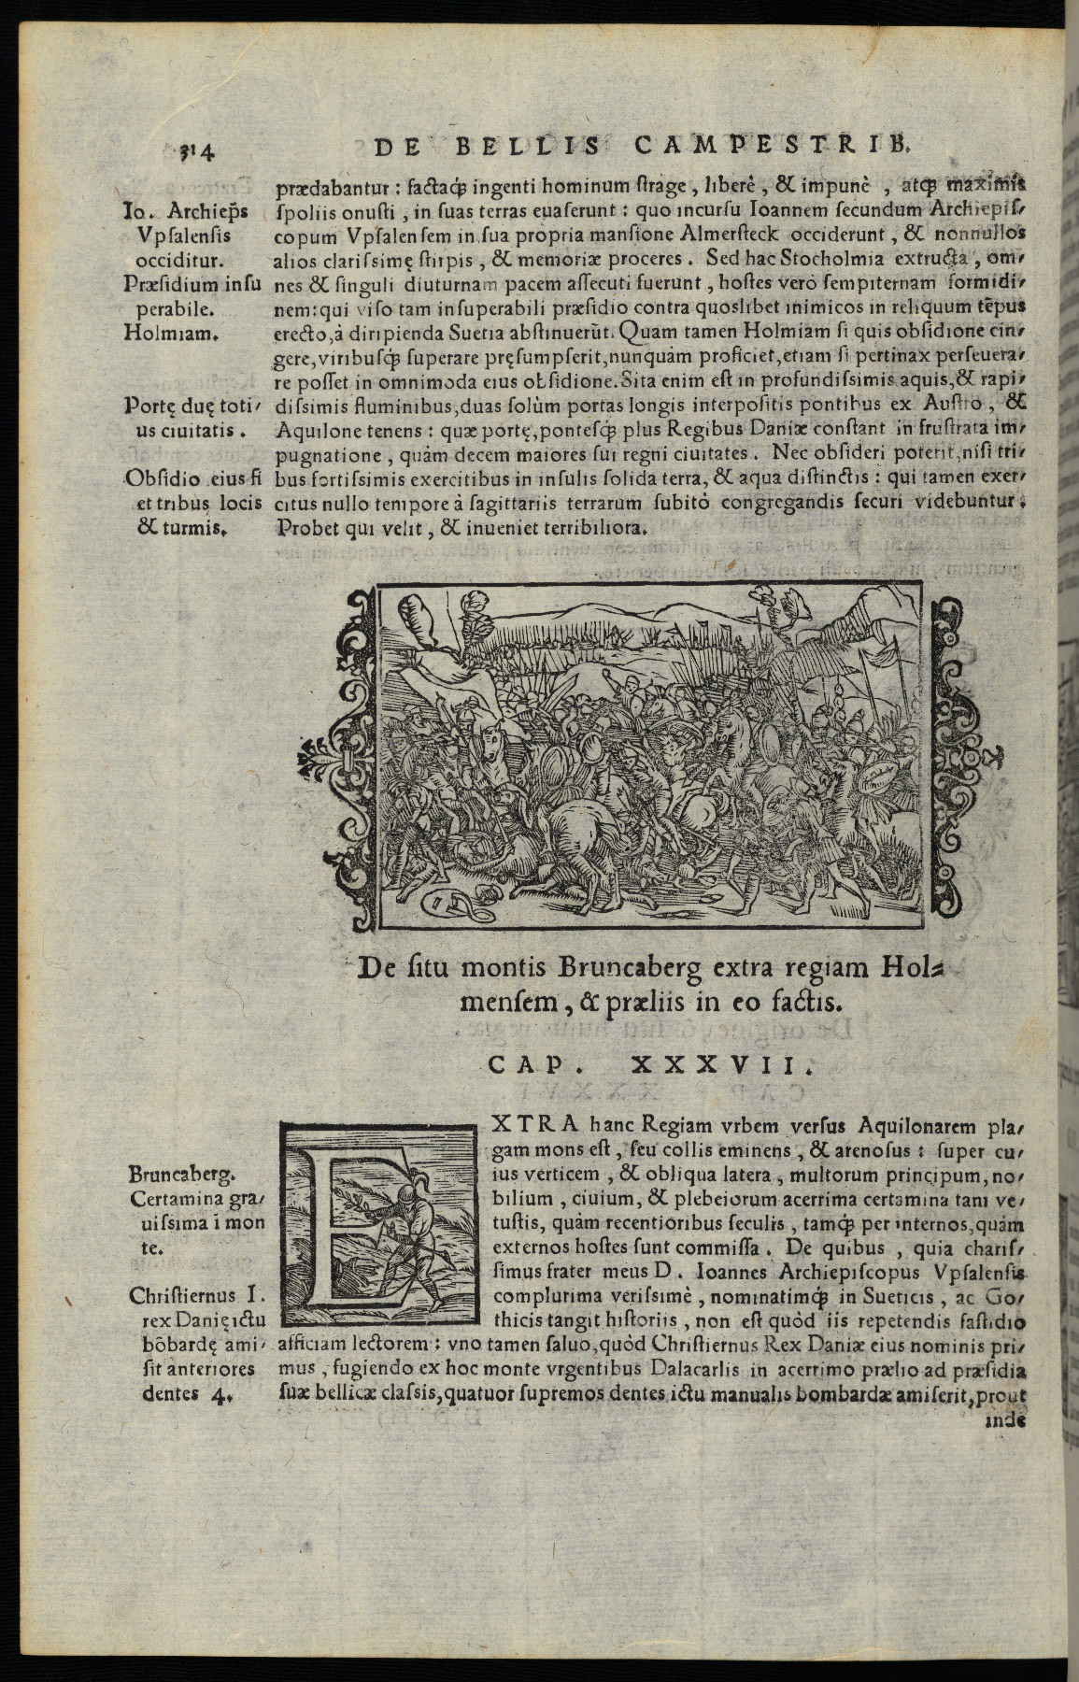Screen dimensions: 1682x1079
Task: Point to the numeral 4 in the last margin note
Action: click(221, 1394)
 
